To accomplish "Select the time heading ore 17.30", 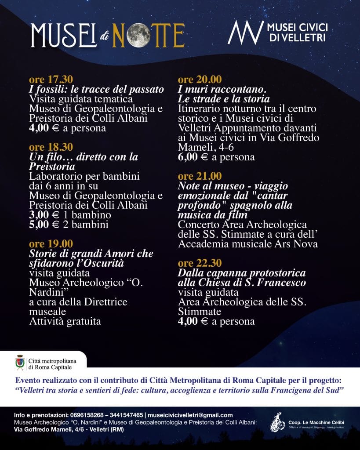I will click(x=51, y=80).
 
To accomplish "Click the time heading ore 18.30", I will click(x=51, y=147).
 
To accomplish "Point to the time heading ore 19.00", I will click(x=51, y=243).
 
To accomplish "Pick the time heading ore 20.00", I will click(x=200, y=80).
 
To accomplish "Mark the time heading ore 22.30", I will click(x=200, y=263).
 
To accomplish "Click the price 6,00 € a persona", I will click(x=216, y=157).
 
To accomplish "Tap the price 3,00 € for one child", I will click(x=70, y=215).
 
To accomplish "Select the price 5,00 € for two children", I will click(x=70, y=225).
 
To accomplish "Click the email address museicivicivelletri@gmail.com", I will click(x=190, y=415).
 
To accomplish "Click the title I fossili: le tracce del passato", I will click(x=96, y=89).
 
